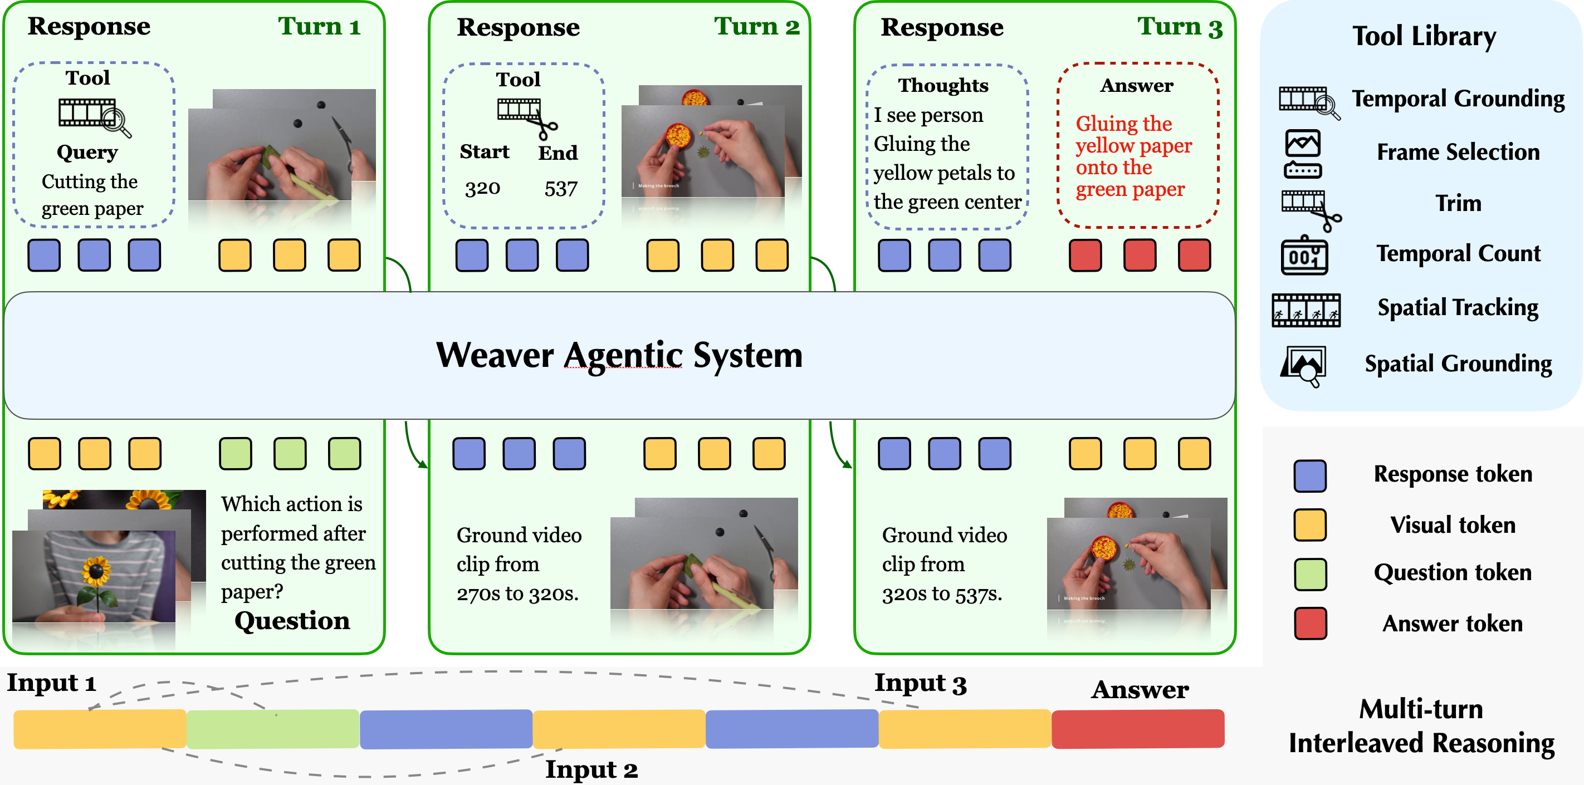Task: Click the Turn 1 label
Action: point(319,26)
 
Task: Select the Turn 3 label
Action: point(1180,26)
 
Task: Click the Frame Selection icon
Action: point(1302,154)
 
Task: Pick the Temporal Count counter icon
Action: point(1304,254)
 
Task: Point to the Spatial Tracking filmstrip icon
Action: point(1306,310)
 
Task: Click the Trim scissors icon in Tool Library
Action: point(1311,208)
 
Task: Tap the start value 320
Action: point(482,188)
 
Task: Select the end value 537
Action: point(561,189)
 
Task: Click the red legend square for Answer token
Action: point(1310,624)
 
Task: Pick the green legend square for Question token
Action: point(1310,574)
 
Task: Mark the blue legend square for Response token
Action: point(1310,475)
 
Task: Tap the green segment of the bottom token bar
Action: point(272,729)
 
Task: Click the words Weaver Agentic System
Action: point(619,355)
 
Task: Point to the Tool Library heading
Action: point(1424,36)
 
